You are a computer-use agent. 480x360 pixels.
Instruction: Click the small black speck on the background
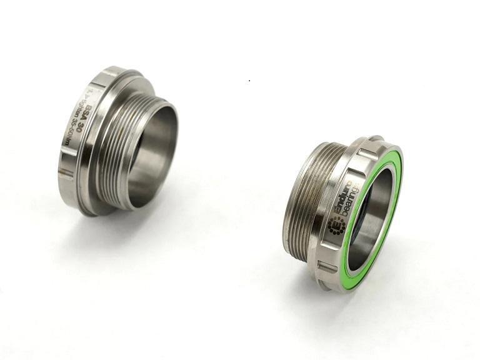coord(250,81)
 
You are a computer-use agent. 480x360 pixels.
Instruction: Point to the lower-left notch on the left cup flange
coord(66,172)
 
